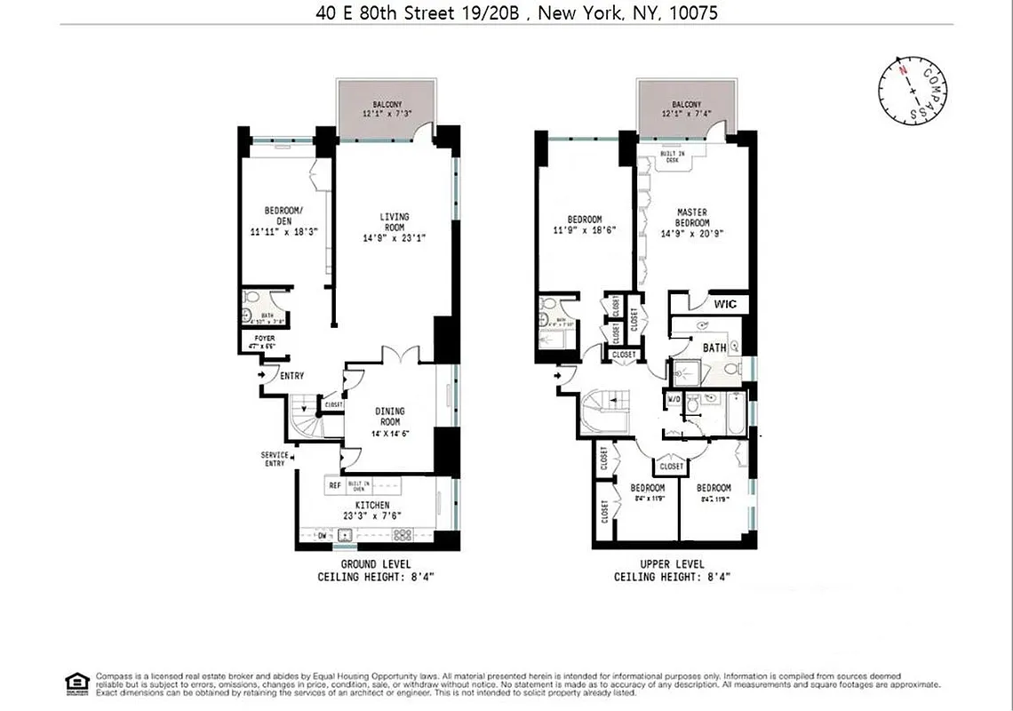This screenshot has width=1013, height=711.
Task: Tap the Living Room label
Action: (x=392, y=221)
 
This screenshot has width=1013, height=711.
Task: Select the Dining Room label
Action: (x=390, y=416)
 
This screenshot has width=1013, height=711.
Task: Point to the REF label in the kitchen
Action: (x=335, y=485)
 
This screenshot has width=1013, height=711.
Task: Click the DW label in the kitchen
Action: (x=323, y=535)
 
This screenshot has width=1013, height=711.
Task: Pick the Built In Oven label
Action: (x=359, y=485)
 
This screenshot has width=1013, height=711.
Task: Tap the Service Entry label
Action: (x=275, y=459)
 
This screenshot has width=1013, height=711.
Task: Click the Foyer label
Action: (x=265, y=339)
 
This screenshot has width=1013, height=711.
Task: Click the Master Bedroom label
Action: (x=691, y=217)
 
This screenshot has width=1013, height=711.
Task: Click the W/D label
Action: (x=674, y=398)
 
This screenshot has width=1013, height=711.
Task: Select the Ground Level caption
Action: (x=376, y=564)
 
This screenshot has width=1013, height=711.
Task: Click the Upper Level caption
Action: (x=672, y=564)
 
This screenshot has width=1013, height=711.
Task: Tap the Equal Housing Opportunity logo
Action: (x=77, y=682)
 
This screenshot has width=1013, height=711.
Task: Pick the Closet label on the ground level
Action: (x=333, y=404)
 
